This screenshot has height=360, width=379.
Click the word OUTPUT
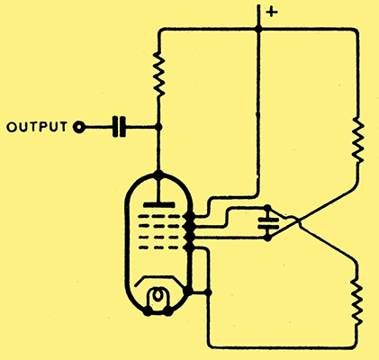coord(37,127)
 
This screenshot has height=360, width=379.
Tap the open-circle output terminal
coord(79,127)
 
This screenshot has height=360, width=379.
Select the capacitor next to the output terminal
coord(119,127)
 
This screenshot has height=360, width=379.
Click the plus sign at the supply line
coord(272,13)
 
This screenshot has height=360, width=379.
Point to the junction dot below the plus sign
coord(258,29)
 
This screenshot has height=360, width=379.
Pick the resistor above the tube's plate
coord(158,74)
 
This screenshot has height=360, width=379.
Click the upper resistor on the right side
coord(357,140)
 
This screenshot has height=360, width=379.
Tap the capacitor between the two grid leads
coord(268,223)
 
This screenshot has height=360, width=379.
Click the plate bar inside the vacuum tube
coord(158,205)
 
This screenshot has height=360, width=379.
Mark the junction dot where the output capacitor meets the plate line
coord(158,127)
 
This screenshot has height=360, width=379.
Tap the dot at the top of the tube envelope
coord(158,174)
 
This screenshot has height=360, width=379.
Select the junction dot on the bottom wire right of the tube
coord(208,292)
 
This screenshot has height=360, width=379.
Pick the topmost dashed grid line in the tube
coord(159,216)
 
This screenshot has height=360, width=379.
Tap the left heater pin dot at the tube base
coord(148,312)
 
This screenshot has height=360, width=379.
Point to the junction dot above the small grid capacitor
coord(267,208)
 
